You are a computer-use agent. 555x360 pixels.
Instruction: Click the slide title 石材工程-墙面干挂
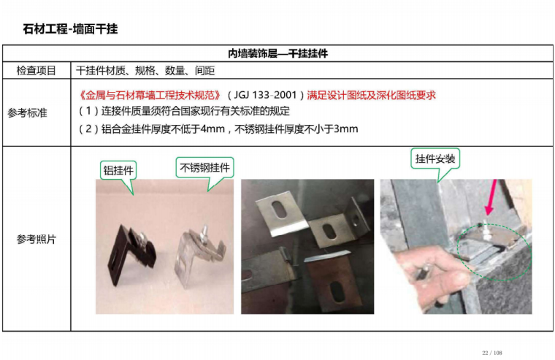pos(70,28)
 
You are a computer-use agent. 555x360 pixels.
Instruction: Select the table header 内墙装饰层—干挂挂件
pos(277,53)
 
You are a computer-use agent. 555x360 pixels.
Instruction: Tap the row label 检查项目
pos(36,70)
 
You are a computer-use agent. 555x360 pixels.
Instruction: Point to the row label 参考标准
pos(27,113)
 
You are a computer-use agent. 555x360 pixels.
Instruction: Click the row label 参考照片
pos(36,240)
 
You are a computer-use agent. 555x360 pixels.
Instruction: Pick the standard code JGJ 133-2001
pos(265,95)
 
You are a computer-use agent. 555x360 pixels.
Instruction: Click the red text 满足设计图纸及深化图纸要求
pos(371,95)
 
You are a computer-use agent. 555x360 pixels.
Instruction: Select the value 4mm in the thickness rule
pos(213,129)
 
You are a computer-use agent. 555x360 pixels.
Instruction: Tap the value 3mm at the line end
pos(346,129)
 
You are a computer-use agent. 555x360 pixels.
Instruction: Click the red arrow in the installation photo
pos(491,197)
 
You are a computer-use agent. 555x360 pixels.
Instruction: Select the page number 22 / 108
pos(492,353)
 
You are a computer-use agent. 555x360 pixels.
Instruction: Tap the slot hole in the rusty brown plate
pos(337,292)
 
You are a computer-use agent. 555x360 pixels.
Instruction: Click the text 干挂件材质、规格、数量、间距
pos(145,70)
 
